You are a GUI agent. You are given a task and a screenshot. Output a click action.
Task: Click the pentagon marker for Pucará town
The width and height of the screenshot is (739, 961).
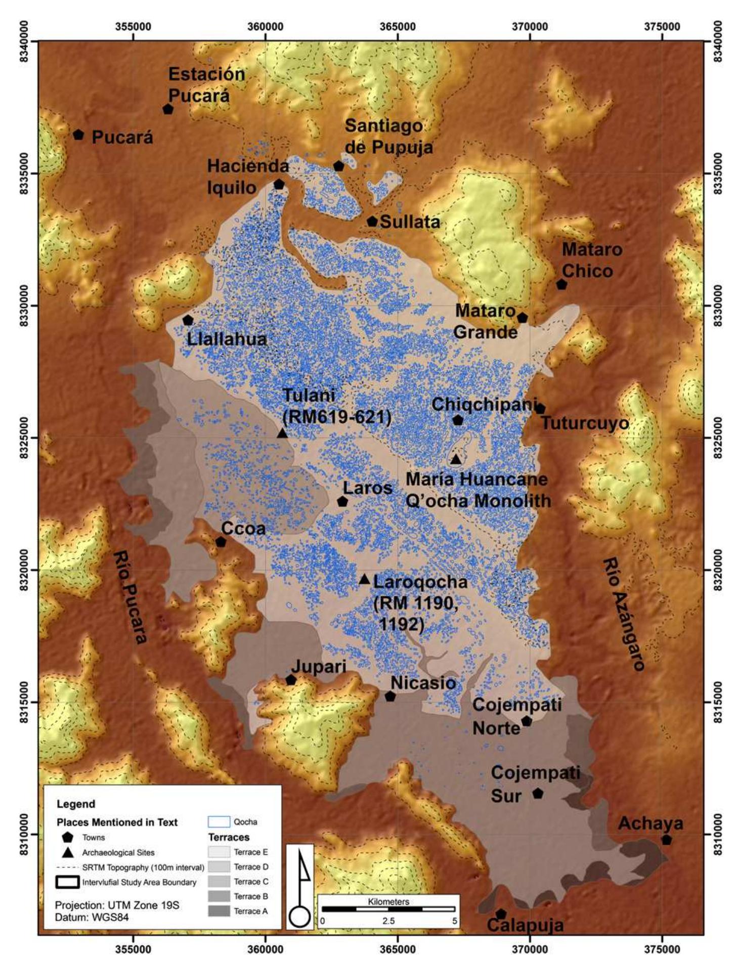point(78,135)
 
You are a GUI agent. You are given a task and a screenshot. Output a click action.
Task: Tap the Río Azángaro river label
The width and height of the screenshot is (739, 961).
point(624,614)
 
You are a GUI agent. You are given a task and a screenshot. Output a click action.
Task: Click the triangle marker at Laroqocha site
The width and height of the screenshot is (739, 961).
point(364,580)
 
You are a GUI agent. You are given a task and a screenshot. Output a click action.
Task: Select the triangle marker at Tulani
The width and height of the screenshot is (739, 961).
point(282,433)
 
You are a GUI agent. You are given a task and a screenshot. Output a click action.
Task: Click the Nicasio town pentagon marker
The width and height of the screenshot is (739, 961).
point(390,696)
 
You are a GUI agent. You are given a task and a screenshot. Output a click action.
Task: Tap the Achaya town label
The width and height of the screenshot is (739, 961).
point(650,823)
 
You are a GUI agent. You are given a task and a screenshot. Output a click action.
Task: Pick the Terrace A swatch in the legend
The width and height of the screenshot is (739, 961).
point(219,911)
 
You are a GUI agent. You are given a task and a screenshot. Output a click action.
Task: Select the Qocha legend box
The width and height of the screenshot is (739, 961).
point(219,821)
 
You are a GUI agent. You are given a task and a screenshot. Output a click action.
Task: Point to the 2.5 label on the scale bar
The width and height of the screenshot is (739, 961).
point(388,921)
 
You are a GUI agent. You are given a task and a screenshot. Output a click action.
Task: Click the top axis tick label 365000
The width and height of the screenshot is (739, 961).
point(397,27)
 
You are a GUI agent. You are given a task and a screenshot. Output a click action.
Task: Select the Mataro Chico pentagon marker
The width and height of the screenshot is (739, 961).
point(561,285)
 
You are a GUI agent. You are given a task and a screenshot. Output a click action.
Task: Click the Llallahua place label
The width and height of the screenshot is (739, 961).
point(227,339)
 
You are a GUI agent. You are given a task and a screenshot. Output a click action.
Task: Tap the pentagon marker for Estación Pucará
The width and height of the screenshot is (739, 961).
point(168,109)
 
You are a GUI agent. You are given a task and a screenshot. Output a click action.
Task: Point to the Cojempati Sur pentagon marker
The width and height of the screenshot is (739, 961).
point(538,794)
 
